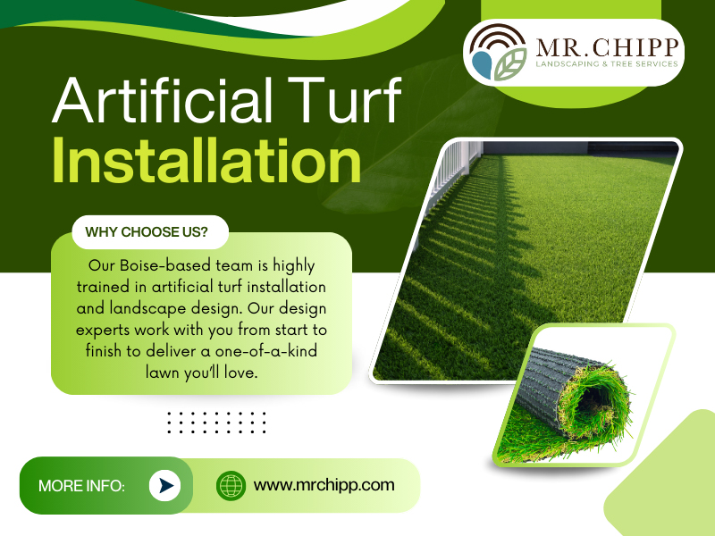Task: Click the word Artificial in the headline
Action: [163, 100]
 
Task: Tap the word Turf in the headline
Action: [344, 100]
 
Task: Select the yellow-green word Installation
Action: [206, 161]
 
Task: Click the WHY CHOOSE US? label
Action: [147, 232]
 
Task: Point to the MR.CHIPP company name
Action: [607, 47]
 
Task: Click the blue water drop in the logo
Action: [482, 64]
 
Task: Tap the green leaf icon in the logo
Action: [510, 64]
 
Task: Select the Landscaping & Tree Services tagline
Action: [607, 64]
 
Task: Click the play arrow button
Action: [164, 485]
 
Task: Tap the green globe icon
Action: [231, 485]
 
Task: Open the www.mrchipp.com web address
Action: [324, 485]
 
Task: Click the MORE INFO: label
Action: [81, 486]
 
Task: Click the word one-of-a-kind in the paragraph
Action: [266, 351]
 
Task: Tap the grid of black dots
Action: [216, 422]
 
